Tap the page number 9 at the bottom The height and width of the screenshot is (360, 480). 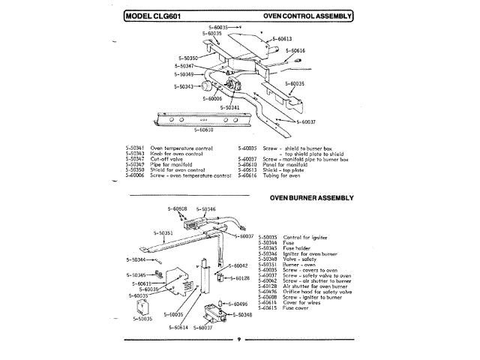(237, 339)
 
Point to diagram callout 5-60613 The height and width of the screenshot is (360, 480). (281, 39)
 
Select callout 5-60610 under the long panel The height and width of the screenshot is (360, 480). (205, 130)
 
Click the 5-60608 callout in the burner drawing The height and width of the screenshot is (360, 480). (176, 208)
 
